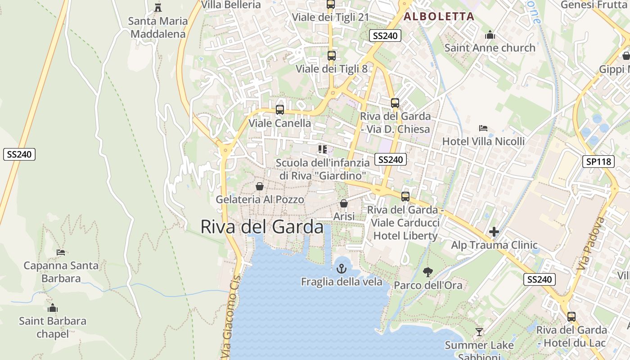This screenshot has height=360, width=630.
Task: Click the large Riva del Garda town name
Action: point(261,227)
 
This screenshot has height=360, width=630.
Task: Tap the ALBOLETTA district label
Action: point(439,17)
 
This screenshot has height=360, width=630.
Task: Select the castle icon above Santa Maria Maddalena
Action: point(158,7)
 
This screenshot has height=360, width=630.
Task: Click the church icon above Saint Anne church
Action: point(490,35)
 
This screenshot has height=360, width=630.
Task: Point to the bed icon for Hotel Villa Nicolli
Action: point(483,128)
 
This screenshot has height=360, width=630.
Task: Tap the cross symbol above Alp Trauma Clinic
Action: point(494,232)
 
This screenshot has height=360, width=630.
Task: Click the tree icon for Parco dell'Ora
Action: point(427,272)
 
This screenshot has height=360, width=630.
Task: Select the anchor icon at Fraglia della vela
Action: point(342,269)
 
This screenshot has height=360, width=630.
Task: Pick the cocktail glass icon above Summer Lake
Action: point(479,332)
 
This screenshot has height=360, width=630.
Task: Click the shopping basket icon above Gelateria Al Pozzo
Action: point(260,186)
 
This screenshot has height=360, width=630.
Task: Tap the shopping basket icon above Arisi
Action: point(344,203)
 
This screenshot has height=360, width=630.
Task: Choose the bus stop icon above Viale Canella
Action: point(279,110)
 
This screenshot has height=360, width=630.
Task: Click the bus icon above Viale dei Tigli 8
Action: point(331,56)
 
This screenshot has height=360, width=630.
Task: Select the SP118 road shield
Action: point(598,162)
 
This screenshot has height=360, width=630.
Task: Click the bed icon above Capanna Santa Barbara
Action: point(61,252)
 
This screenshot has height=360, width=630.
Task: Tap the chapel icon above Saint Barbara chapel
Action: point(53,308)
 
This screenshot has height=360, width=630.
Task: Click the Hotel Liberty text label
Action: point(405,236)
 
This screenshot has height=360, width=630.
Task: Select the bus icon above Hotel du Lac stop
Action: point(571,316)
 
